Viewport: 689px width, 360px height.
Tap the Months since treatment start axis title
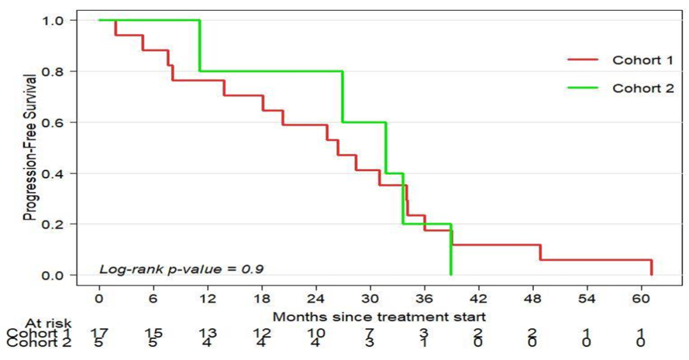pos(380,317)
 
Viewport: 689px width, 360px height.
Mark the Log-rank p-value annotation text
pos(181,269)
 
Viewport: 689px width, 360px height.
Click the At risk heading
pos(48,323)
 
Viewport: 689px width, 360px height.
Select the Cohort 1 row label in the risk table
pos(38,333)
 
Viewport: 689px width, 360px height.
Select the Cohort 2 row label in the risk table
pos(38,343)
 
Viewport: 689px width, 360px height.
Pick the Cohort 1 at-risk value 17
pos(99,333)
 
